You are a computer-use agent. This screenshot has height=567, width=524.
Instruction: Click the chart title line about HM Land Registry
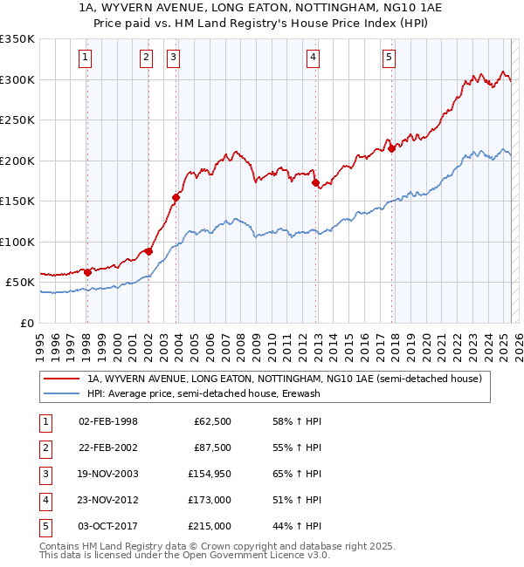click(262, 24)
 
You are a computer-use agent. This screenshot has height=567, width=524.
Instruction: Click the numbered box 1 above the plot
click(86, 58)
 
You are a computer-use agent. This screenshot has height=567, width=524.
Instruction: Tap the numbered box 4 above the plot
click(313, 58)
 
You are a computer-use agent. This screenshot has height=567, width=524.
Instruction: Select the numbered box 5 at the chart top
click(388, 58)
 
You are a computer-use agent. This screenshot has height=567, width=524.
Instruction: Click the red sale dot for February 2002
click(148, 252)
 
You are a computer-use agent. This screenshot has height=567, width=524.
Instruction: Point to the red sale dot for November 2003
click(176, 197)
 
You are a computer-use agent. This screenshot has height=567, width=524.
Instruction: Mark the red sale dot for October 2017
click(392, 148)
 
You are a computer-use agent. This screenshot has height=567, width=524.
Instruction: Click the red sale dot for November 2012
click(315, 182)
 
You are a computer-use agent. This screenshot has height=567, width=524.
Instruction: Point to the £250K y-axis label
click(17, 120)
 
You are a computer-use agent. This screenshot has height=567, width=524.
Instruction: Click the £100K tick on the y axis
click(17, 242)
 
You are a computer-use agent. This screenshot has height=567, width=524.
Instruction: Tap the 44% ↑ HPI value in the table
click(297, 526)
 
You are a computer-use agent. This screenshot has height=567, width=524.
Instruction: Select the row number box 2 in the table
click(44, 447)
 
